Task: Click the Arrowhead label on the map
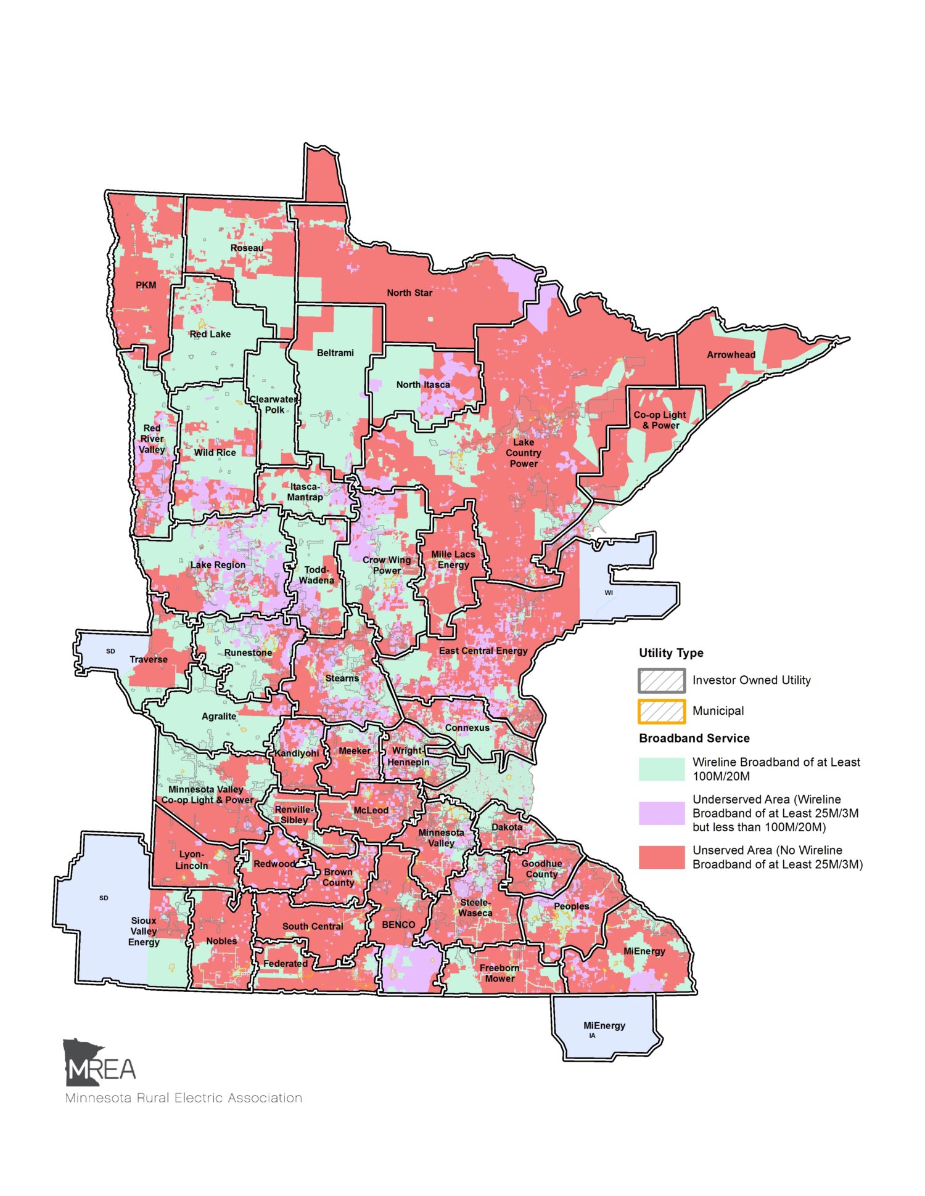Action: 731,355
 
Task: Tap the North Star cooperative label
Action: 409,293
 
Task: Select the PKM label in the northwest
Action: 146,285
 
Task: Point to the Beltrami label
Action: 335,353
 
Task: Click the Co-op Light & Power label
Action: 660,420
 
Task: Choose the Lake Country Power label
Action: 524,453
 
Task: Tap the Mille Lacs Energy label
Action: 453,559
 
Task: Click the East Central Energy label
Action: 483,651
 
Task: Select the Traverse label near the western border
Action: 149,659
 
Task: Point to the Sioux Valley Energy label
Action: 144,931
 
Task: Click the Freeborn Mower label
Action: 499,973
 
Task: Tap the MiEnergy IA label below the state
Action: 604,1026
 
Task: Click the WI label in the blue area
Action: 609,593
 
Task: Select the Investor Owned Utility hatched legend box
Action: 662,680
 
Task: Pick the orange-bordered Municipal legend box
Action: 662,711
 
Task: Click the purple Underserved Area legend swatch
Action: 662,813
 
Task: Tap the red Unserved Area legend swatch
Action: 662,857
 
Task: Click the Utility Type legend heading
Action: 671,653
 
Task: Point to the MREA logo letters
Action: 101,1070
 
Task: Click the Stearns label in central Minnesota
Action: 342,678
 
